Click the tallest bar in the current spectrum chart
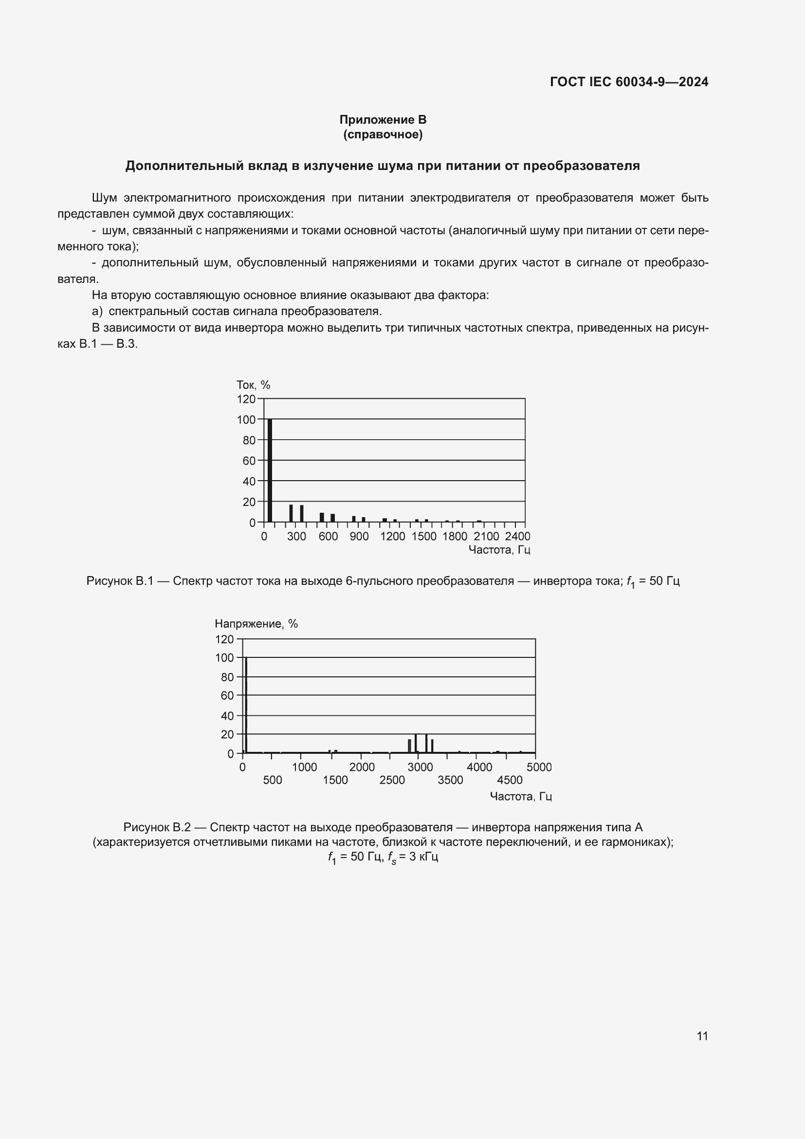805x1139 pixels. coord(270,470)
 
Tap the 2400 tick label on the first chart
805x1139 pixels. coord(517,536)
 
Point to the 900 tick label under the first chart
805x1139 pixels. coord(359,536)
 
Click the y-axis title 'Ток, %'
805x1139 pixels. coord(253,385)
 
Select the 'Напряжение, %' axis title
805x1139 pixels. coord(256,624)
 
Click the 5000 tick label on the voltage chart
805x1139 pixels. coord(539,767)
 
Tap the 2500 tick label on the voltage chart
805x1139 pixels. coord(392,780)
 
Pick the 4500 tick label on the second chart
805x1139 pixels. coord(510,780)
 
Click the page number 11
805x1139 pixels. coord(702,1036)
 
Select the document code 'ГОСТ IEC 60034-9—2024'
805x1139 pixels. coord(629,82)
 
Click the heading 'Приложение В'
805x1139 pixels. coord(383,120)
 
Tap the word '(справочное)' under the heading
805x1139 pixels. coord(383,134)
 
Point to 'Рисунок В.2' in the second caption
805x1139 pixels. coord(157,827)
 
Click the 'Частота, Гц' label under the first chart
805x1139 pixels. coord(499,550)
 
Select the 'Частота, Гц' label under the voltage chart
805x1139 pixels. coord(520,796)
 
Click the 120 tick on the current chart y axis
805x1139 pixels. coord(246,399)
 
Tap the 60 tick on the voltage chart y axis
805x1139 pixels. coord(227,695)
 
